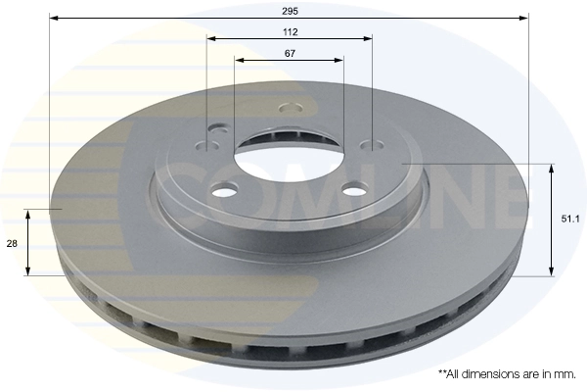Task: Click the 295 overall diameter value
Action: click(289, 10)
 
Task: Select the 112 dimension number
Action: click(290, 31)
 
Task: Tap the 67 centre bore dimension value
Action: click(290, 53)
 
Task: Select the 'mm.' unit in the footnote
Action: click(566, 374)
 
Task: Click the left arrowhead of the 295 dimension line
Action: click(54, 18)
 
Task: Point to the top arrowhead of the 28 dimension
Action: click(28, 214)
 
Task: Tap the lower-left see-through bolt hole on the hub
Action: click(224, 188)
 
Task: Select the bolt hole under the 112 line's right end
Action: click(371, 145)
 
